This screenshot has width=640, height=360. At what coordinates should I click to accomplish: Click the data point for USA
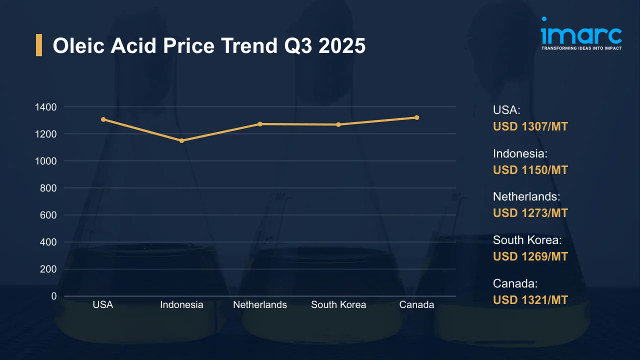click(x=103, y=119)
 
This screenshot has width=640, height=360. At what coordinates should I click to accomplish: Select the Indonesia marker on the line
click(x=181, y=140)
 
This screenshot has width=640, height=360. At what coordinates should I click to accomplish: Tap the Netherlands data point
click(x=260, y=124)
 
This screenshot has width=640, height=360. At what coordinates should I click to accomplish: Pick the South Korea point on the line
click(x=338, y=124)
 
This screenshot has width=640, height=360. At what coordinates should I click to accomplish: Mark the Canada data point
click(x=416, y=117)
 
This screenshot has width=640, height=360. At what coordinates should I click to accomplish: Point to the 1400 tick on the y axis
click(x=45, y=107)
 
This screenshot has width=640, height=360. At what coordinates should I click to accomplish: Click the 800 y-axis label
click(x=48, y=188)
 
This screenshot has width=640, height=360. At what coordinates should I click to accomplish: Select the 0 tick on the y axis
click(x=53, y=296)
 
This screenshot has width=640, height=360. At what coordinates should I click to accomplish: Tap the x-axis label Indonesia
click(x=181, y=304)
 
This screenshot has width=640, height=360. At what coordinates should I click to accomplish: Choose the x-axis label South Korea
click(x=338, y=304)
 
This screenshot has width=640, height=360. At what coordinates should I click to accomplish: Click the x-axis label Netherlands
click(x=260, y=304)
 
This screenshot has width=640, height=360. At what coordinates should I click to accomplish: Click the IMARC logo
click(x=581, y=34)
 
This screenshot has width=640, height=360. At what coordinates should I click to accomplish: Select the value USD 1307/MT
click(x=530, y=126)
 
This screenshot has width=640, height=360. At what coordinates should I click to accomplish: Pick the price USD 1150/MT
click(x=530, y=170)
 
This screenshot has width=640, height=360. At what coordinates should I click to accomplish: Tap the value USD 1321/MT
click(x=530, y=300)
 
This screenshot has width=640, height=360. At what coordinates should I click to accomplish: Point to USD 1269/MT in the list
click(x=530, y=256)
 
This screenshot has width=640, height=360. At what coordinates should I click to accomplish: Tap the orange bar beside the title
click(x=39, y=45)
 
